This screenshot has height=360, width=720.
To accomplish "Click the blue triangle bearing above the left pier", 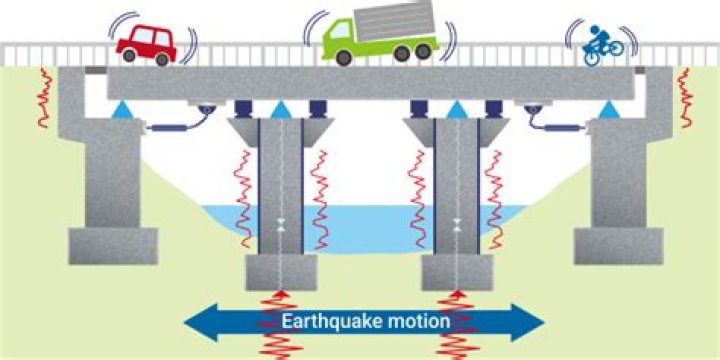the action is (281, 108).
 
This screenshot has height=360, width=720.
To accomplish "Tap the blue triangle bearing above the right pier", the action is (456, 108).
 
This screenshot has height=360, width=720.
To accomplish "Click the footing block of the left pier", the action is (281, 271).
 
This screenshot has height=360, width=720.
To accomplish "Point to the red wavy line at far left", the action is (44, 98).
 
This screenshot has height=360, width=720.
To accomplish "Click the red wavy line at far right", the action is (685, 98).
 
